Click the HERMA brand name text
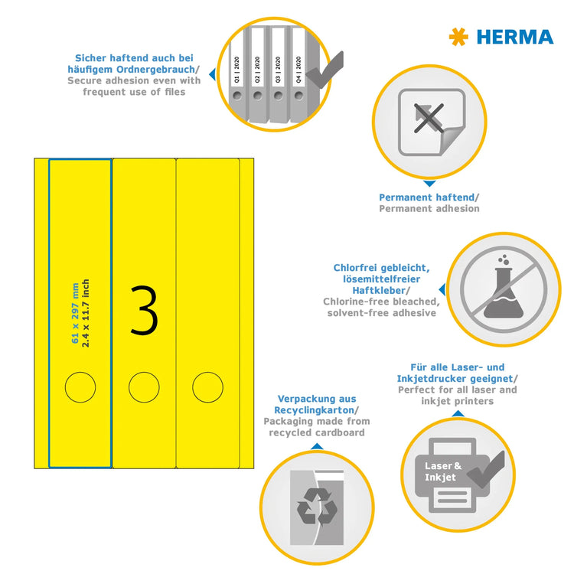click(x=514, y=37)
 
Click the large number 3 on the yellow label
click(x=144, y=310)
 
